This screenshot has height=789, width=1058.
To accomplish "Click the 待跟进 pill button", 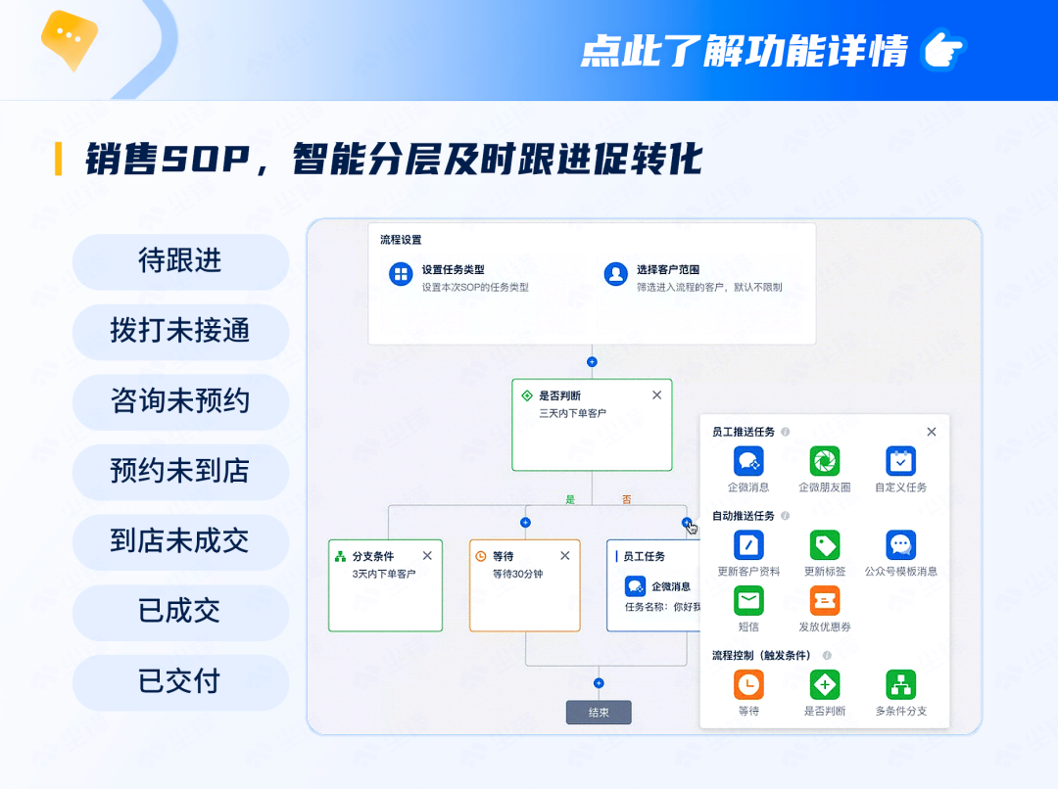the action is point(180,261).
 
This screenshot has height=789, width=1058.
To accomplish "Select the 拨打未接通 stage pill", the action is point(180,332).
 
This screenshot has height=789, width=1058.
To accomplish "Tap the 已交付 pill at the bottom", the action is point(180,681).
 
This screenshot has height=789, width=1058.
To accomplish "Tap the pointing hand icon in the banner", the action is point(944,49).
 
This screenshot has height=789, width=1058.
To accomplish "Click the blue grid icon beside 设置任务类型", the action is point(401,274).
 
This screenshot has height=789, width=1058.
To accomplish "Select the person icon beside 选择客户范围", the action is point(615,274).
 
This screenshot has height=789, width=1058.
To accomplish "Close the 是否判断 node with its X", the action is point(656,395).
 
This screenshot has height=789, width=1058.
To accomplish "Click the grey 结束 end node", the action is point(599,712).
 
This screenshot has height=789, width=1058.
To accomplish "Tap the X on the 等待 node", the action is point(565,556).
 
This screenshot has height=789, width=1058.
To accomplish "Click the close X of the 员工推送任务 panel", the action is point(932,432).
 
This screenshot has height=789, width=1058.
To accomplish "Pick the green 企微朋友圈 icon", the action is point(825,461).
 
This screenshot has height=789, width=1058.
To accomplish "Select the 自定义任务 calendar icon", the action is point(901,461).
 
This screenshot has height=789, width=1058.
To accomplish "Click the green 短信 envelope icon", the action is point(748,601).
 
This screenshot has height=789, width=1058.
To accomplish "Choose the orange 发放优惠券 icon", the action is point(825,601).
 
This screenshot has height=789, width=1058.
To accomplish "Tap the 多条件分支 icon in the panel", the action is point(901,685).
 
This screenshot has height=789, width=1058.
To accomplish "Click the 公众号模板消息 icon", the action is point(901,545).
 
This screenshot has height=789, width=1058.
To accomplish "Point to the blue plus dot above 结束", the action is point(599,683).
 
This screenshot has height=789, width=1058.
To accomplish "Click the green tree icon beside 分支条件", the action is point(340,556).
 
